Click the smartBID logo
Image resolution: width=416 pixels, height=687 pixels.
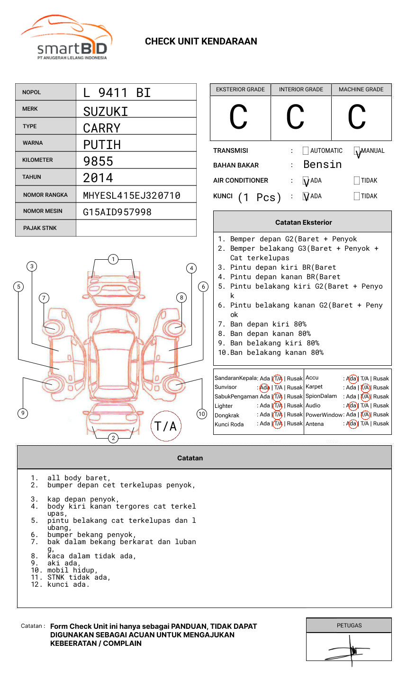click(66, 38)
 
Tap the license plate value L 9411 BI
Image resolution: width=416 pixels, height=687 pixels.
click(117, 93)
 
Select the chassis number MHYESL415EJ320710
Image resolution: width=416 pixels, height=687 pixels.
click(132, 195)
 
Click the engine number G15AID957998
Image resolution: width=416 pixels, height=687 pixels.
click(117, 212)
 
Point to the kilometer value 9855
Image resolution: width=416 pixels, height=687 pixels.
click(98, 161)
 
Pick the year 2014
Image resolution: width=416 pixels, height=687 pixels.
click(98, 178)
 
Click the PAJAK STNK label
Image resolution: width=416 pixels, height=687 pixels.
click(40, 228)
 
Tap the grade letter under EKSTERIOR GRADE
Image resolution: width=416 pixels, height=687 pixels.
click(238, 117)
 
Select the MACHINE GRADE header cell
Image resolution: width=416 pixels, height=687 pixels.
click(361, 89)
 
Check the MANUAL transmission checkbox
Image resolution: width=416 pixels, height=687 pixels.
click(357, 151)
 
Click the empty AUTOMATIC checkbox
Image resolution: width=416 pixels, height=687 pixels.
click(306, 151)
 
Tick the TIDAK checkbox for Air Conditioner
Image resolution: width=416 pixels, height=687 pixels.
click(357, 181)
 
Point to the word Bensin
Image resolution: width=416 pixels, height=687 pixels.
click(322, 165)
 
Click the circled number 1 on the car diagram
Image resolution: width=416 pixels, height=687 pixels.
click(113, 259)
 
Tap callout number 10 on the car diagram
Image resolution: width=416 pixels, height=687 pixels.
click(202, 414)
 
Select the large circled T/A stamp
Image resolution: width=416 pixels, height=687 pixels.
click(166, 426)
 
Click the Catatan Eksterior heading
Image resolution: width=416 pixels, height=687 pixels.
click(303, 222)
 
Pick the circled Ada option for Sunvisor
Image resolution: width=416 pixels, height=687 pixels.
click(264, 388)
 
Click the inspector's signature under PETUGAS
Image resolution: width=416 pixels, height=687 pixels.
click(351, 650)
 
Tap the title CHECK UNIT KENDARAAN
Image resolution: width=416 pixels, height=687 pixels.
click(201, 42)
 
